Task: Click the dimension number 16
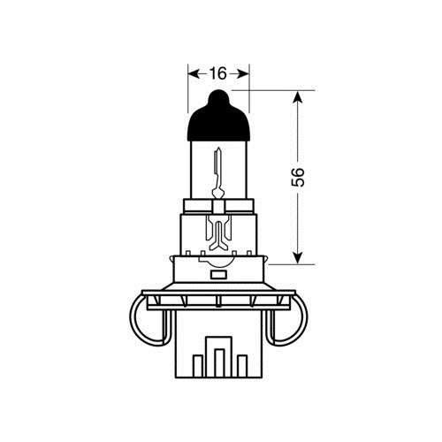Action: click(x=218, y=73)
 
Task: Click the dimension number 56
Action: click(x=298, y=177)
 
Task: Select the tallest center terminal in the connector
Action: click(x=219, y=362)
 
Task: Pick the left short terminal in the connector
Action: click(x=198, y=366)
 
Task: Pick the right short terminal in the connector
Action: click(x=242, y=366)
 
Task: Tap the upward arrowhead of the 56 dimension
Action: click(x=298, y=97)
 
